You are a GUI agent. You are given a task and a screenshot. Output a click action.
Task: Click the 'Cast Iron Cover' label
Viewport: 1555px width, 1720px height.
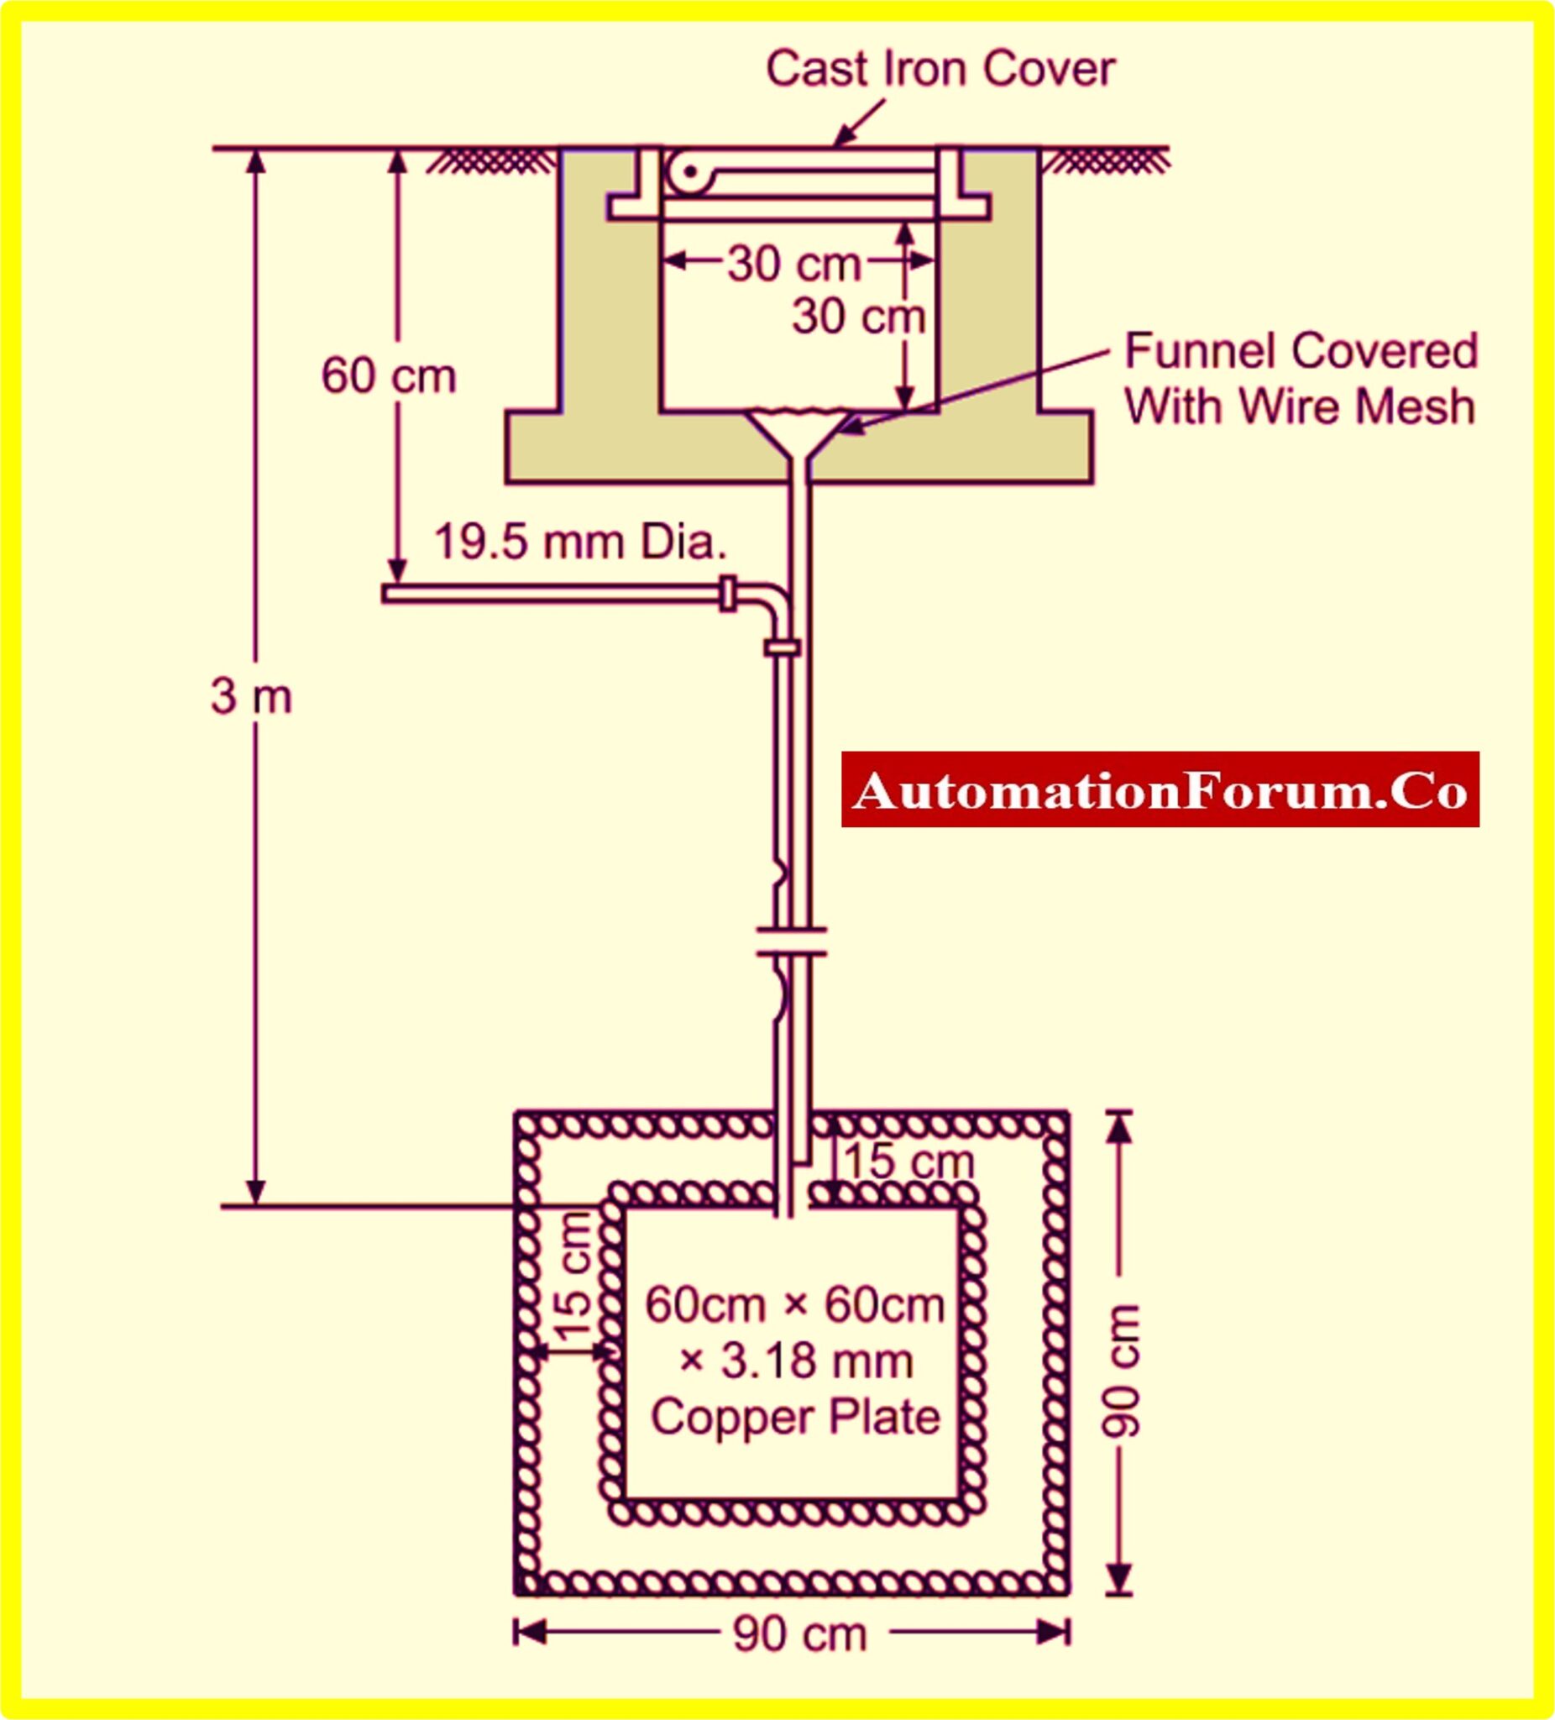tap(940, 68)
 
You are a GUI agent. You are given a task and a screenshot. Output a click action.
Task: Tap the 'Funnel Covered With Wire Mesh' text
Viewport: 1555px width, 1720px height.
tap(1300, 378)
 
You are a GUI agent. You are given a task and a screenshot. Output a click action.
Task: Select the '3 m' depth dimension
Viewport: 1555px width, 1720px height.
tap(251, 696)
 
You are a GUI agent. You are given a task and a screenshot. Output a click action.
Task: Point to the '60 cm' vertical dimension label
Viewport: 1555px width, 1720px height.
tap(389, 375)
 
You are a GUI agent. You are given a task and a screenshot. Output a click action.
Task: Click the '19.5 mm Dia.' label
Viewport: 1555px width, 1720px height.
tap(580, 542)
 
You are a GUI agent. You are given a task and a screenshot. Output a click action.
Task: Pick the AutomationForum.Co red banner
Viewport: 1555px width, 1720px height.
tap(1160, 789)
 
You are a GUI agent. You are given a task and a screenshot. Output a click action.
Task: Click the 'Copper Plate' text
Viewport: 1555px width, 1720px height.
tap(795, 1417)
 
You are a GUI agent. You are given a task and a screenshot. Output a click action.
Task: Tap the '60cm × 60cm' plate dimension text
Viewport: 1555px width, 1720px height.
tap(795, 1304)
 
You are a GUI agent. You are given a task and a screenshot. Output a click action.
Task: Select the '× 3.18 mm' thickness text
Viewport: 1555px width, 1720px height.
tap(796, 1361)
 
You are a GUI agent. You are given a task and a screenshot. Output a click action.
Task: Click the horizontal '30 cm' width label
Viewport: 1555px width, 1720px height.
tap(794, 263)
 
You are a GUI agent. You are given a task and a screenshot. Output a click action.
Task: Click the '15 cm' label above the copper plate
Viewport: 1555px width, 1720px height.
tap(908, 1162)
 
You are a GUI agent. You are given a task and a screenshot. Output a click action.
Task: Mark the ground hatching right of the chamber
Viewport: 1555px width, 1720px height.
tap(1107, 160)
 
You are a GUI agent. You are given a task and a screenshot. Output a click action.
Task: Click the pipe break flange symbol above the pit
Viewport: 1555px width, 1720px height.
tap(791, 941)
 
